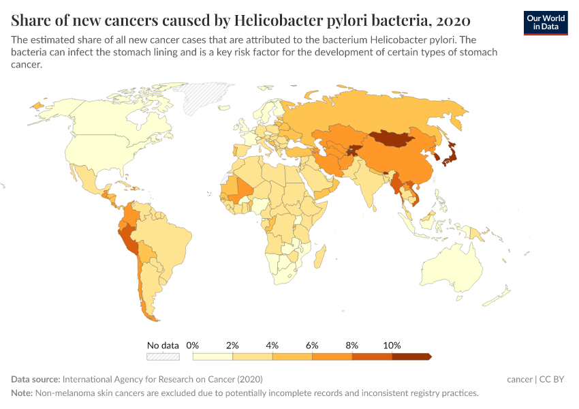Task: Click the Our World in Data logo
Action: [545, 22]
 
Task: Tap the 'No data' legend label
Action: [163, 345]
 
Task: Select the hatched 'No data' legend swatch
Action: [163, 356]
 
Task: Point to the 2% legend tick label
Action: [232, 345]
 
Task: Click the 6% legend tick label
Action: [312, 345]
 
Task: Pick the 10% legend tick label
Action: [392, 345]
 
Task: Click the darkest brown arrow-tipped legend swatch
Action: [411, 356]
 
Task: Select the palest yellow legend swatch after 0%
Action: [213, 356]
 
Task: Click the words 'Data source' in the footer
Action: [35, 379]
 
